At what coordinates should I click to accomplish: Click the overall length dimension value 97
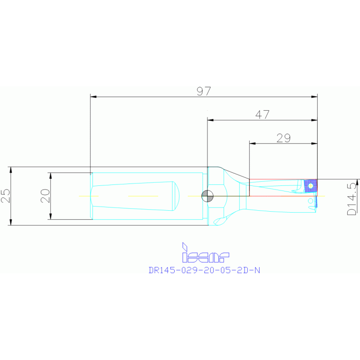tap(204, 91)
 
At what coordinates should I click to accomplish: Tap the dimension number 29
tap(283, 138)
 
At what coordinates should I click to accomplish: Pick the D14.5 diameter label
tap(352, 199)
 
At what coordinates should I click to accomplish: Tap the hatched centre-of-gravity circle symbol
tap(207, 195)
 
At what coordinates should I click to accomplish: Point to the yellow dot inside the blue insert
tap(311, 186)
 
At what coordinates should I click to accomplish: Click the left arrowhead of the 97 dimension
tap(92, 97)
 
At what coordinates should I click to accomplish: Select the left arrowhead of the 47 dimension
tap(210, 120)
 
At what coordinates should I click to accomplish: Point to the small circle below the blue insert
tap(310, 200)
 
